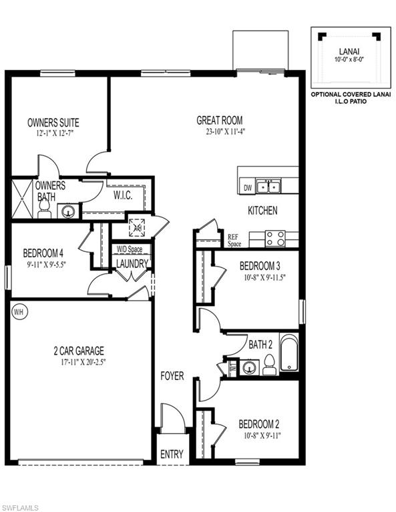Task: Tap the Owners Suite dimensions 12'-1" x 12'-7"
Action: [53, 134]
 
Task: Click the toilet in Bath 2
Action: [270, 363]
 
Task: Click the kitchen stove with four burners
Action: [275, 238]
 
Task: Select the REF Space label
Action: [234, 241]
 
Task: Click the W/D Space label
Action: [130, 250]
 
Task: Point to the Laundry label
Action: [132, 263]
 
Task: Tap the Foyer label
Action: [172, 376]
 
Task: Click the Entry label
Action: [172, 454]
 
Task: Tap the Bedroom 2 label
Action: [259, 424]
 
